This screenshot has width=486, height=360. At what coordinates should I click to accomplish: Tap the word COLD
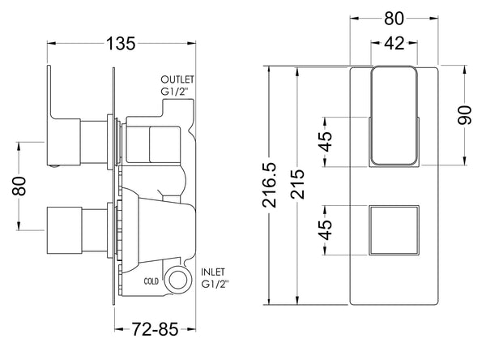pyautogui.click(x=149, y=281)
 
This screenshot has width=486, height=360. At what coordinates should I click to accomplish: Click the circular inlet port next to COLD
pyautogui.click(x=177, y=281)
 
